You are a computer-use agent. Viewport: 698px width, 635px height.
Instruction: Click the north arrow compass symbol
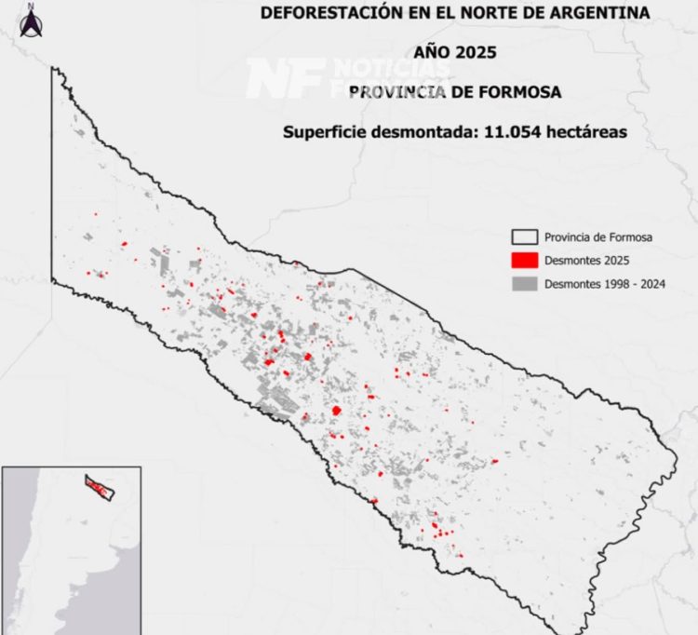32,22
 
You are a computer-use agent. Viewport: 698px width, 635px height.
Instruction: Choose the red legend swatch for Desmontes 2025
526,260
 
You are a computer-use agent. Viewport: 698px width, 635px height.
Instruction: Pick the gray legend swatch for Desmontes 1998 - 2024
526,283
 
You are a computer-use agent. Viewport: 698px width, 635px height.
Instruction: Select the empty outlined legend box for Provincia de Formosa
526,236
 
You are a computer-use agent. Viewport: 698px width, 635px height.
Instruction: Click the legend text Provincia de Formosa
598,236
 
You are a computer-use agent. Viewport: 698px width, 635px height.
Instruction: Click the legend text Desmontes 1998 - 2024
605,283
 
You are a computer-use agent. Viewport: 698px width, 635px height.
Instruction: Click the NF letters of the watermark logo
284,78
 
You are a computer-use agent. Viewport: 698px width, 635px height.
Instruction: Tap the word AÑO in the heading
436,52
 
